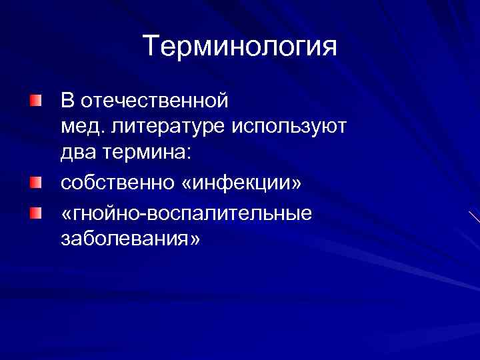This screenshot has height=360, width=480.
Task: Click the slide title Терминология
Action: [x=240, y=47]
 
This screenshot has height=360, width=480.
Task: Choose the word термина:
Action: [x=147, y=153]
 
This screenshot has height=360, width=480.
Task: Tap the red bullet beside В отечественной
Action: [x=35, y=100]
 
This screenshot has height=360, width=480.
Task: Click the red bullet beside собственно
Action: [x=35, y=181]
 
